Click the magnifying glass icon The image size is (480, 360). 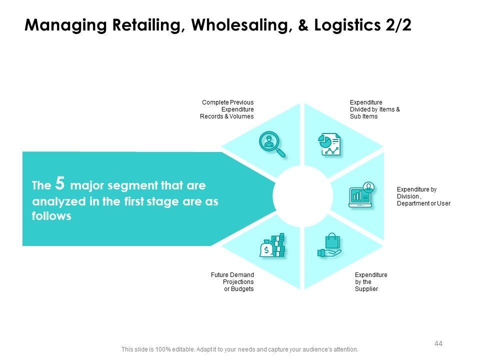(271, 144)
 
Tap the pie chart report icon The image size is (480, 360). (330, 144)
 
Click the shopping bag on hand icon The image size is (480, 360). (329, 246)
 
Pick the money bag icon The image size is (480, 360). (272, 245)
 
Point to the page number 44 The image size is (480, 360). (439, 343)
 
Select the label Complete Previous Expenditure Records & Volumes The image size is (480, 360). (227, 109)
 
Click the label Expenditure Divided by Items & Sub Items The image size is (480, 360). (374, 109)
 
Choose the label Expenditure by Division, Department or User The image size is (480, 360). (423, 196)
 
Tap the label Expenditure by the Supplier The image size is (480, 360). (370, 282)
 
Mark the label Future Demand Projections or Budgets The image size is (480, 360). (232, 282)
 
